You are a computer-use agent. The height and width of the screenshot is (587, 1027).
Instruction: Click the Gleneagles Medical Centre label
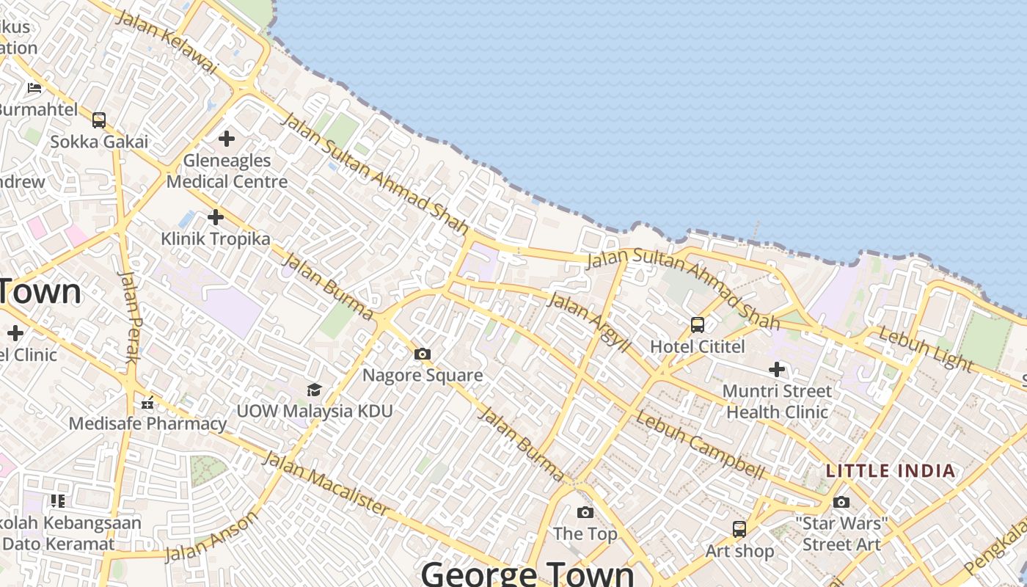(227, 170)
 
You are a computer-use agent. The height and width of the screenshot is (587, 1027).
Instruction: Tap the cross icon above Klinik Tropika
(216, 217)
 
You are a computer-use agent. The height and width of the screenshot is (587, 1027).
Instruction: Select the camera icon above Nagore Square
(422, 354)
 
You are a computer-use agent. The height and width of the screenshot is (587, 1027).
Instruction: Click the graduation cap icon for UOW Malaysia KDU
(314, 389)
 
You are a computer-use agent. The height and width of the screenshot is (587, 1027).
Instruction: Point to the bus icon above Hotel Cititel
(698, 324)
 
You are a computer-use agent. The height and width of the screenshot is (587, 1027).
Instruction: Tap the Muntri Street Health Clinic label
(777, 401)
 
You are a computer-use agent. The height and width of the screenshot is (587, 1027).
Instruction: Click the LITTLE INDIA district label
(891, 471)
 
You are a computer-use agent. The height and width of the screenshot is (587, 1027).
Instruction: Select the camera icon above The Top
(585, 512)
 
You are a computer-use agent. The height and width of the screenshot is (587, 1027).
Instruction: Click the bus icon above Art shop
(739, 529)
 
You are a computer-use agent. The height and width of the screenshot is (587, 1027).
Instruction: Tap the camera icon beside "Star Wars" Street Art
(841, 502)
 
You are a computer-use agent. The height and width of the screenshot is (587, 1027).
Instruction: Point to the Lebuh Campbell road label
(700, 445)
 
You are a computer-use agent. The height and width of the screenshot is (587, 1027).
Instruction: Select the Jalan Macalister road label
(325, 484)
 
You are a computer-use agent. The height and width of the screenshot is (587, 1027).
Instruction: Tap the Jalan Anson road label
(211, 536)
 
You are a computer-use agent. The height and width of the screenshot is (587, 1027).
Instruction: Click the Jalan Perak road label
(129, 317)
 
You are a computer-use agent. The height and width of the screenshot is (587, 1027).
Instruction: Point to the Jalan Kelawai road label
(167, 42)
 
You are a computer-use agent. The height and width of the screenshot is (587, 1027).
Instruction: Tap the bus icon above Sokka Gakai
(99, 120)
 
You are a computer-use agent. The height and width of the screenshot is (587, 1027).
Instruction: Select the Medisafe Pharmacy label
(147, 423)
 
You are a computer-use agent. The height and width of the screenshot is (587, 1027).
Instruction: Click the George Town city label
(527, 573)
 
